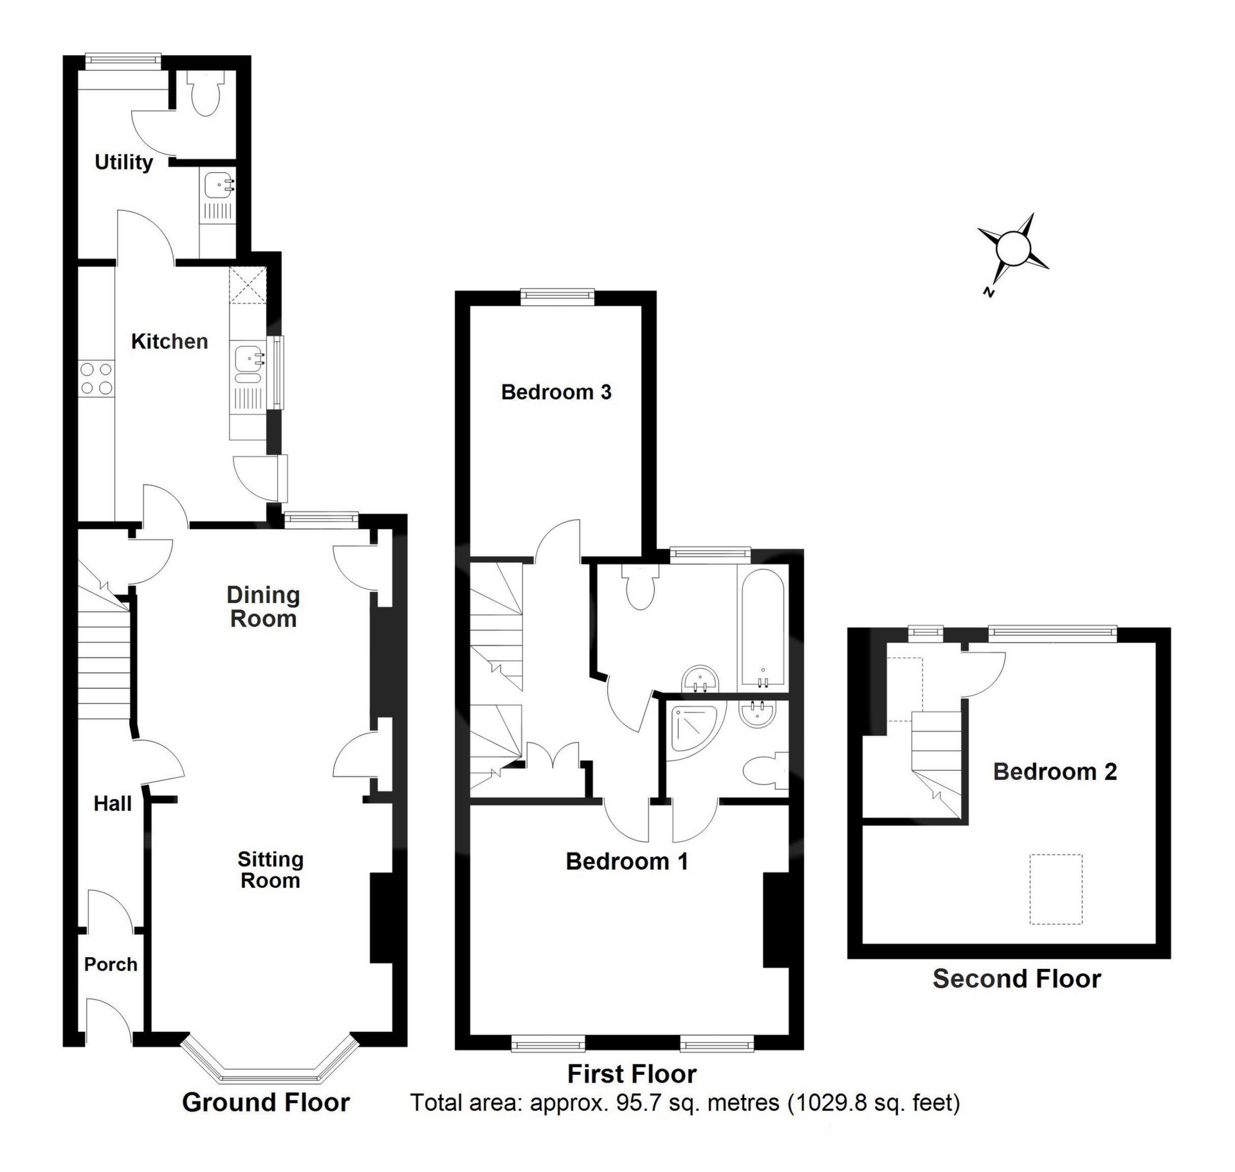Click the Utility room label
coord(123,162)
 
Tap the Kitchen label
coord(169,341)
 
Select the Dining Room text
coord(263,607)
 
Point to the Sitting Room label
coord(270,870)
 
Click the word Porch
coord(111,964)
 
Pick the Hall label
coord(113,804)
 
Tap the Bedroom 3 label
coord(556,392)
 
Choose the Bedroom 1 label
coord(627,861)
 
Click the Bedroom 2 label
coord(1055,771)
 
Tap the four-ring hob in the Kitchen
coord(96,379)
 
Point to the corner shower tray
coord(695,730)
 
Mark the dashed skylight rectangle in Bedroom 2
coord(1056,888)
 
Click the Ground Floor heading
coord(266,1102)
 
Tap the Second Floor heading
coord(1016,978)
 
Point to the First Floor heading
coord(632,1074)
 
